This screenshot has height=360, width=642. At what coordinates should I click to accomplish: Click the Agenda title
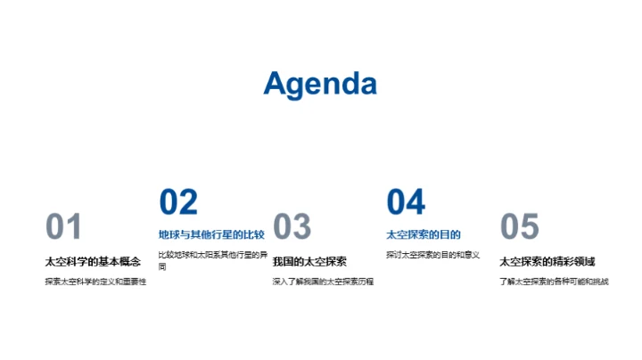320,84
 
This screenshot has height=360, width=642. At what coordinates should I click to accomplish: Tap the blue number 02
178,202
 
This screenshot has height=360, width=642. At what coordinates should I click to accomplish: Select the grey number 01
64,227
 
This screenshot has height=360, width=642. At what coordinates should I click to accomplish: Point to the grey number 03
292,227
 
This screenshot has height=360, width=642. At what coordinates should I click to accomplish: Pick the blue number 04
406,202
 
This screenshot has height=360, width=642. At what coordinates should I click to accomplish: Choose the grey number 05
520,227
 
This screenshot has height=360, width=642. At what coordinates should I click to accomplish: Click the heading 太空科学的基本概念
93,261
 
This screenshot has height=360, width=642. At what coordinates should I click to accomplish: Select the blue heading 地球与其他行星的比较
211,235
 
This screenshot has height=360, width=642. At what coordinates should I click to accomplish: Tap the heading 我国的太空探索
309,261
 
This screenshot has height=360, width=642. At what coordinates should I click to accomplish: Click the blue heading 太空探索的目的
424,235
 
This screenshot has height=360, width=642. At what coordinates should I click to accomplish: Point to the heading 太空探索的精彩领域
547,261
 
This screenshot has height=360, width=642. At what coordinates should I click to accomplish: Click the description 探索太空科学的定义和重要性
95,282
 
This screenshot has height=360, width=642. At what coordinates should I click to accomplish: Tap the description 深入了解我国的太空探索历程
323,282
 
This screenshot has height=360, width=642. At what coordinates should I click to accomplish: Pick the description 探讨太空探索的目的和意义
433,256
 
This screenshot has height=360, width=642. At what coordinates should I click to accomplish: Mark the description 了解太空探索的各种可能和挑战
554,282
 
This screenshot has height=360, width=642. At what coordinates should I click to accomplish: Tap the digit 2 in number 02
188,202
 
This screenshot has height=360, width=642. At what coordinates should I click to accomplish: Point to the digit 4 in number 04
416,202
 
